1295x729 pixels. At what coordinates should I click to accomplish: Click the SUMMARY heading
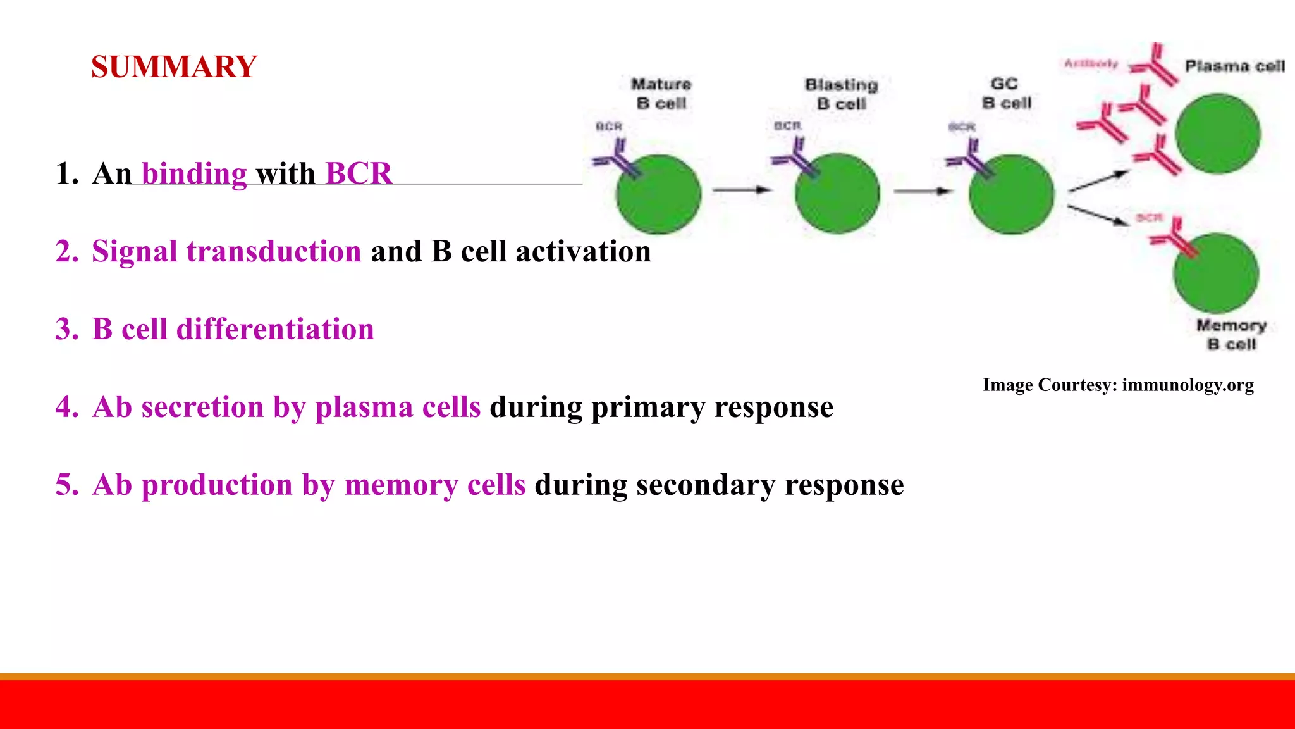click(x=174, y=67)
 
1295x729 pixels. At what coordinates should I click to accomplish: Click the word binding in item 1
click(x=194, y=173)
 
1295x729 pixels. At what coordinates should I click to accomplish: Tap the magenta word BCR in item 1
click(x=359, y=173)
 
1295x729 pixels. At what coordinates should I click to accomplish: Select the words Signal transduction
click(x=226, y=251)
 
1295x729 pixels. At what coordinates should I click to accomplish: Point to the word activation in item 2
click(x=583, y=251)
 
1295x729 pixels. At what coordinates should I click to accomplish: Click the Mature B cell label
click(x=661, y=94)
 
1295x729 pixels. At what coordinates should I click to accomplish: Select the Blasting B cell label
click(x=841, y=94)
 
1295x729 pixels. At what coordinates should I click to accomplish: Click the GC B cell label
click(x=1006, y=93)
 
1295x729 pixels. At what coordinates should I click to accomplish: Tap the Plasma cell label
click(x=1234, y=66)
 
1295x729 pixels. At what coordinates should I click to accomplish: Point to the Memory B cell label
click(x=1231, y=334)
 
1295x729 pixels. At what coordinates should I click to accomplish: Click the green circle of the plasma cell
click(x=1217, y=134)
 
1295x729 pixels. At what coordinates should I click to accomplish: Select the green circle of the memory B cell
click(x=1215, y=273)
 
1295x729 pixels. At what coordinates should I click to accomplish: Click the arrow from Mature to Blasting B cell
click(x=742, y=189)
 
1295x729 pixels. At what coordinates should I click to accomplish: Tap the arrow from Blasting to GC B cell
click(x=922, y=190)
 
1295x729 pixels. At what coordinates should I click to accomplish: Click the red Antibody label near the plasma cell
click(x=1091, y=63)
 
